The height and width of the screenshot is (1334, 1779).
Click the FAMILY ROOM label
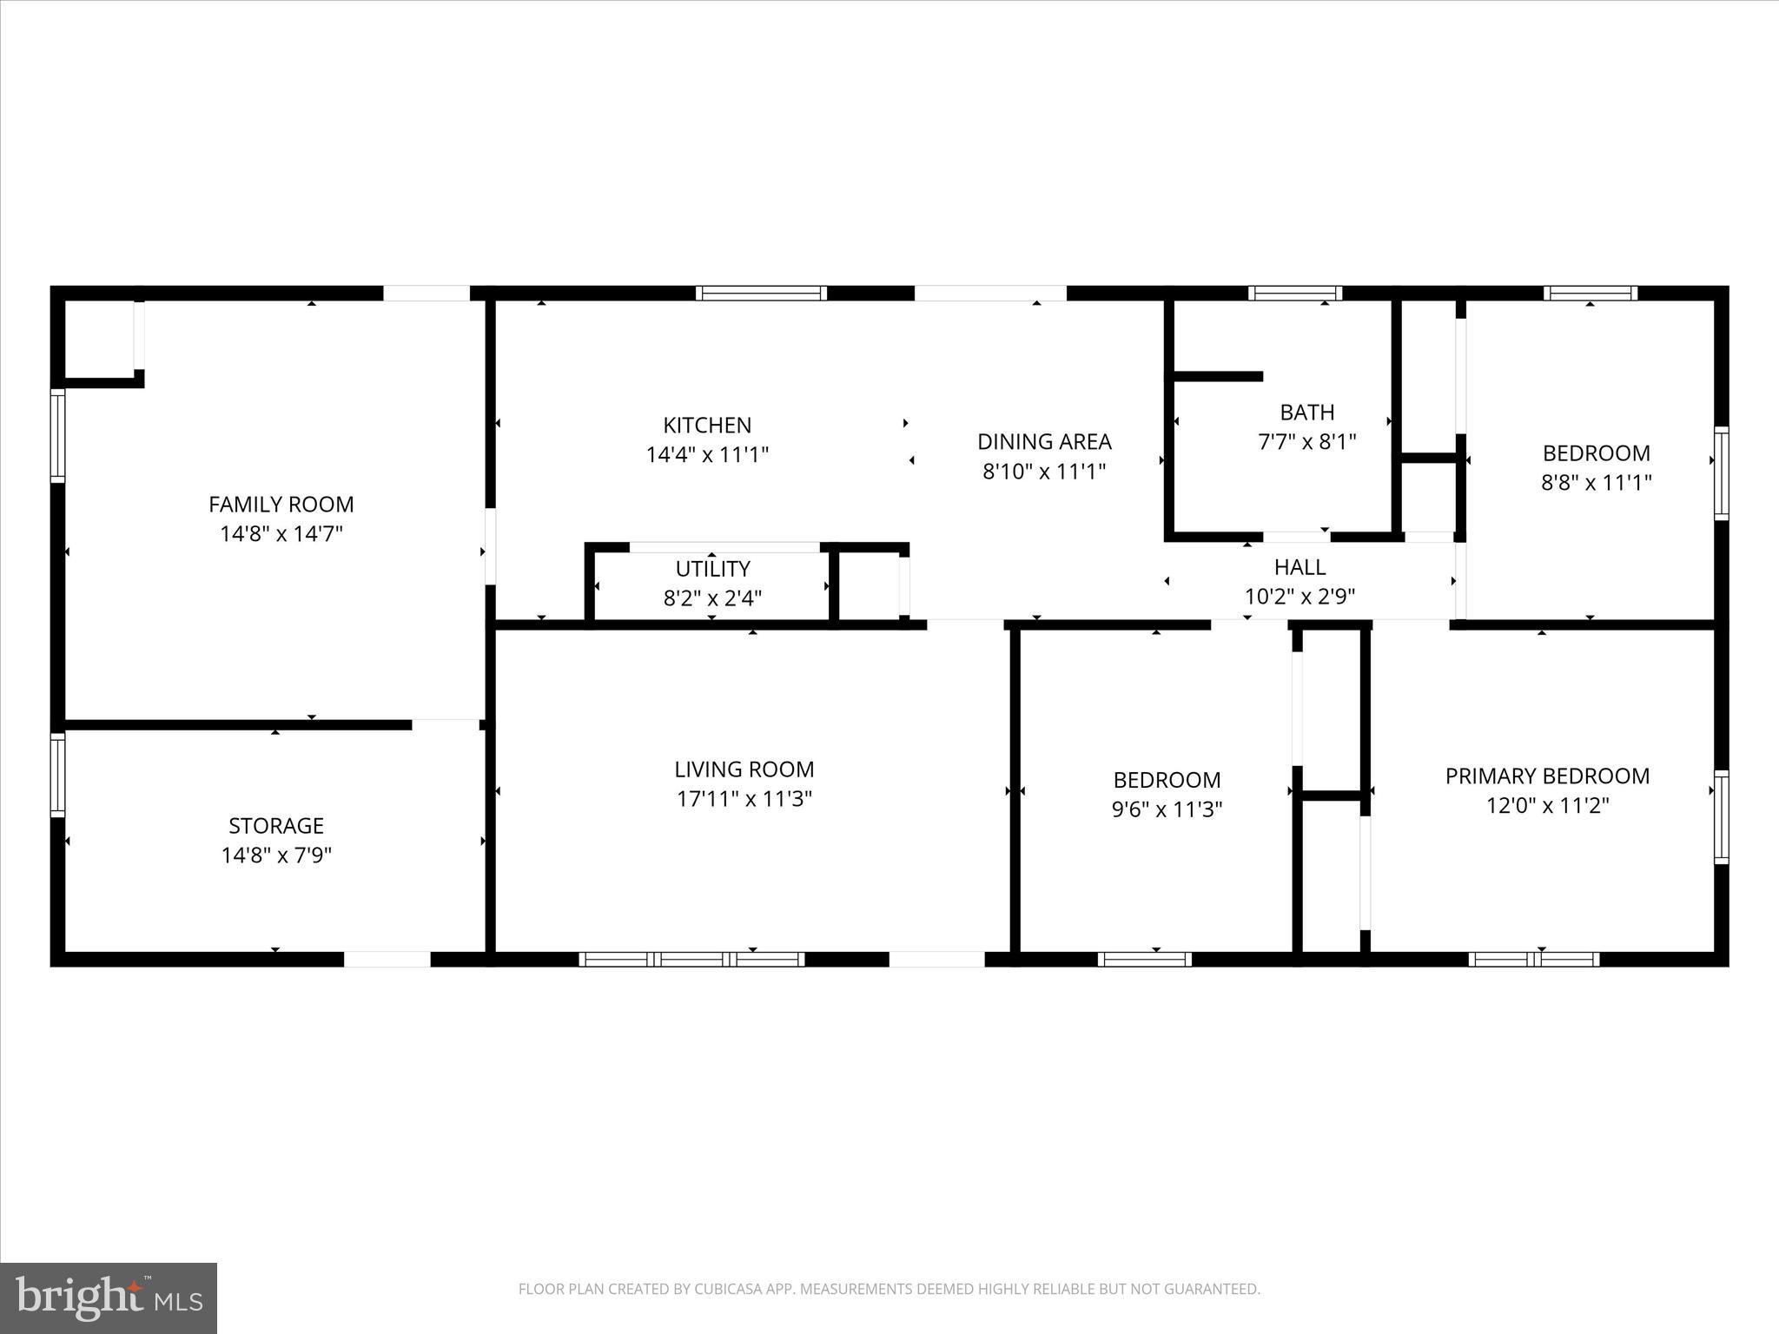click(x=281, y=504)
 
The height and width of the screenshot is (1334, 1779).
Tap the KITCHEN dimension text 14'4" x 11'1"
click(x=707, y=454)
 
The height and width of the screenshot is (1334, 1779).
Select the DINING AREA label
click(x=1044, y=441)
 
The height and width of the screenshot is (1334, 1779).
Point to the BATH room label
click(x=1306, y=412)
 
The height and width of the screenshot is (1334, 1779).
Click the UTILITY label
click(x=712, y=569)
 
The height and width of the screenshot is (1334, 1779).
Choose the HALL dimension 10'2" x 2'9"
click(x=1300, y=596)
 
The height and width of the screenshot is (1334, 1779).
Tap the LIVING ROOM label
click(x=744, y=769)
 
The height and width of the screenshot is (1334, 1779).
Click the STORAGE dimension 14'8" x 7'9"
click(x=276, y=855)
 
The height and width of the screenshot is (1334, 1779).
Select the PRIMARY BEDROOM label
click(x=1546, y=776)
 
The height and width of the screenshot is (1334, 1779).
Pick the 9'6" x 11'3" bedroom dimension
click(x=1167, y=809)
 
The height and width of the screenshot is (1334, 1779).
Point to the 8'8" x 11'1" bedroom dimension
click(x=1596, y=482)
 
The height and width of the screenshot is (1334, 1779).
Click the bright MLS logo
click(x=108, y=1298)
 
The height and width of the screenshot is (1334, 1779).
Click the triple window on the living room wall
click(x=691, y=959)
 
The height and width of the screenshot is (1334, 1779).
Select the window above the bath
click(x=1294, y=294)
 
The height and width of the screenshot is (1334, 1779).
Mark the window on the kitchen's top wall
click(x=761, y=294)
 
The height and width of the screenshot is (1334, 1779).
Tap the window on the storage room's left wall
click(x=57, y=775)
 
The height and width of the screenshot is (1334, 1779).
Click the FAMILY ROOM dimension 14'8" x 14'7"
click(x=281, y=533)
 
